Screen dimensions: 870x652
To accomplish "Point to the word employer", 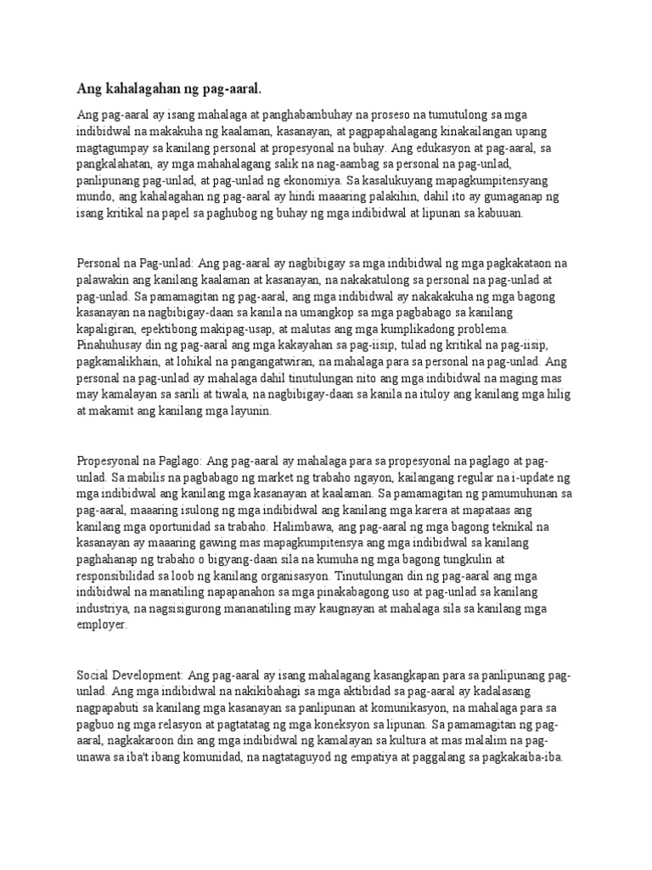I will pos(102,624).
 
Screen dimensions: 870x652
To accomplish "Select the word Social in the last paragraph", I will pos(94,674).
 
